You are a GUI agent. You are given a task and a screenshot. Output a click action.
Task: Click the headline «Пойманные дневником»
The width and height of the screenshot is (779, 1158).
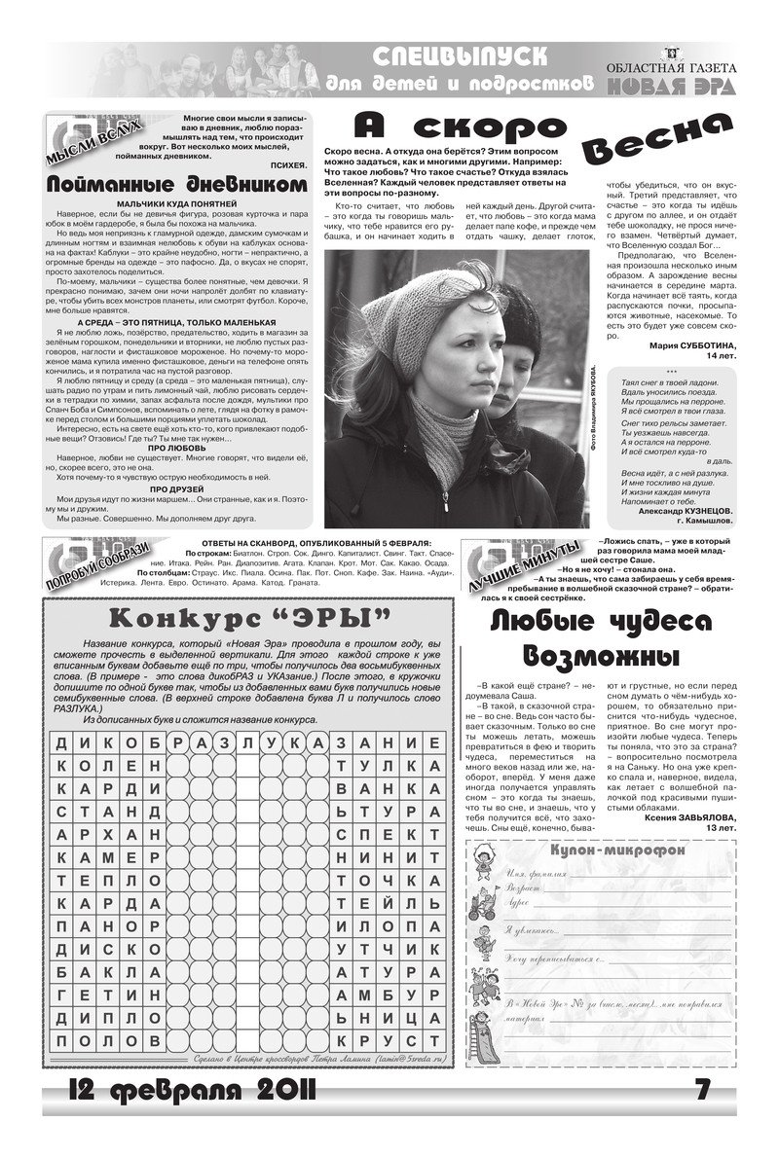(182, 184)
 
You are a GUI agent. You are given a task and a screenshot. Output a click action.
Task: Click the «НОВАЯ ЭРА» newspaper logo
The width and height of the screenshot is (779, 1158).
(670, 87)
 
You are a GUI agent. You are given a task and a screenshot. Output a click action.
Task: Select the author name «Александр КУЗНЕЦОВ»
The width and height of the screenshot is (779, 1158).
(686, 510)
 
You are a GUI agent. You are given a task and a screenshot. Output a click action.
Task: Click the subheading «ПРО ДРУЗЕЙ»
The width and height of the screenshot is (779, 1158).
(182, 488)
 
